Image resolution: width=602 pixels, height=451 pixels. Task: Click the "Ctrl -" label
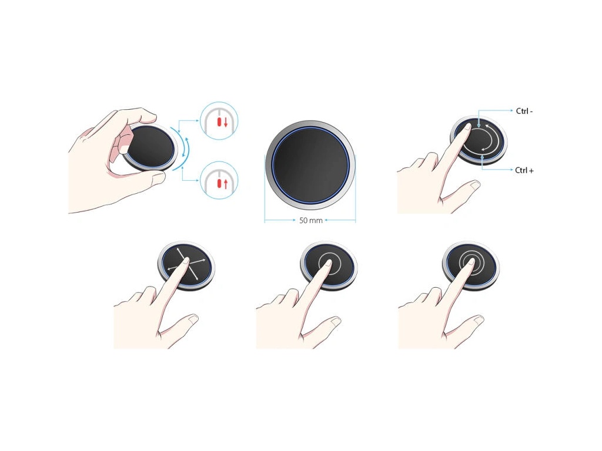524,111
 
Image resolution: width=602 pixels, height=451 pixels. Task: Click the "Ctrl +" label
524,170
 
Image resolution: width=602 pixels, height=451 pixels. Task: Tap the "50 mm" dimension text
310,221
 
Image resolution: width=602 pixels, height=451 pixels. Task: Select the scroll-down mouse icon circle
219,120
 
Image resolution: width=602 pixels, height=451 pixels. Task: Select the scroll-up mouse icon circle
219,180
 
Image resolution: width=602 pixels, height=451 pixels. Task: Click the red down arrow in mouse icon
226,123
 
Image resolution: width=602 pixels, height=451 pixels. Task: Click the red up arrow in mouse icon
226,184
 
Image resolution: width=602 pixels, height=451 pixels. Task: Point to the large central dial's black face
310,164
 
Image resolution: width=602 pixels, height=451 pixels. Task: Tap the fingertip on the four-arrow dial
186,261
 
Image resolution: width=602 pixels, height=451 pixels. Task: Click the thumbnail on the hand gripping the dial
158,177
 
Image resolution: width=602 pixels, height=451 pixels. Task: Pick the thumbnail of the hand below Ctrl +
475,185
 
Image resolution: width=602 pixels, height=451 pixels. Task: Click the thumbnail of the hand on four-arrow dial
193,318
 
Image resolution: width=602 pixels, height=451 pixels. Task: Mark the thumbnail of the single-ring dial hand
335,320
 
